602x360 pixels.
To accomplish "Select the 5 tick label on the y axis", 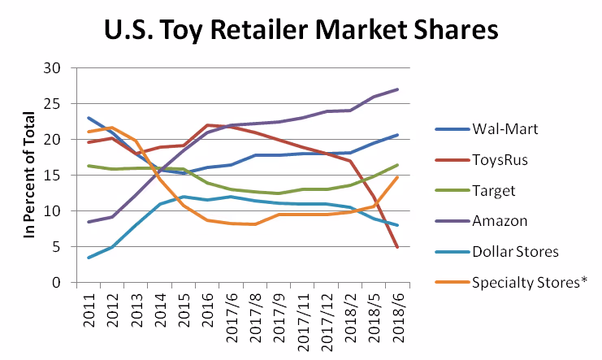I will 58,247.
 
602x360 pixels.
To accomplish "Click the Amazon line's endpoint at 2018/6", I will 397,89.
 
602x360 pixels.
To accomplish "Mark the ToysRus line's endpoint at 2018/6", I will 397,247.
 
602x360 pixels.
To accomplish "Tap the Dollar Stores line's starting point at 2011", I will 88,258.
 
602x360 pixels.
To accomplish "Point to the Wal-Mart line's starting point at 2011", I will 88,118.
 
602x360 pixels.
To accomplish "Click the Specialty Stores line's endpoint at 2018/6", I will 397,177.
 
